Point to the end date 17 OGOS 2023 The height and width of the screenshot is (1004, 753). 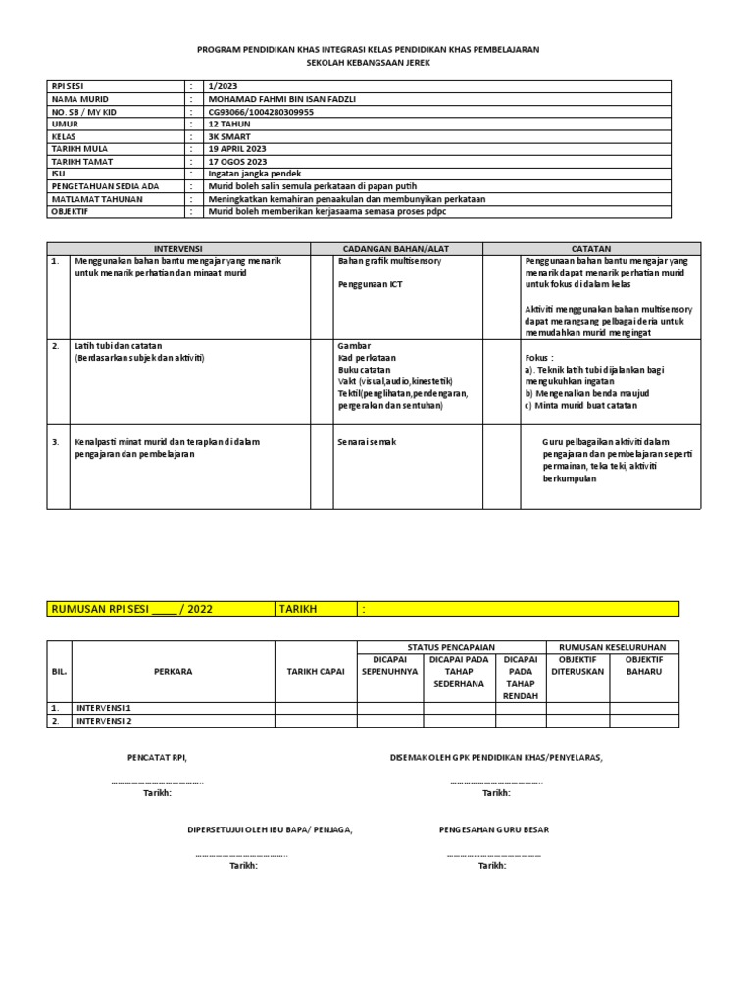coord(237,162)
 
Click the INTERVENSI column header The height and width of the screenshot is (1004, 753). coord(178,249)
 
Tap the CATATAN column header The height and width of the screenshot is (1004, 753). coord(591,249)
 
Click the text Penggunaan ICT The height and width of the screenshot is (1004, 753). coord(370,284)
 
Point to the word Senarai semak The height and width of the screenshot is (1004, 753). coord(367,442)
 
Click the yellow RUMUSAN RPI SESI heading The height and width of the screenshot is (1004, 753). coord(131,609)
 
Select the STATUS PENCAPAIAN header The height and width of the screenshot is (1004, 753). coord(451,647)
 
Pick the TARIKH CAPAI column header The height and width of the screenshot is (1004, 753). coord(316,672)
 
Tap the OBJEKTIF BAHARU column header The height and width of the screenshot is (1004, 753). coord(644,666)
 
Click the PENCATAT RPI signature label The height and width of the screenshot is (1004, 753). coord(157,758)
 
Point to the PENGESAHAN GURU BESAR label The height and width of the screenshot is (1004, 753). coord(494,829)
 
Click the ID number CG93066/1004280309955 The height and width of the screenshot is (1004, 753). coord(261,112)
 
